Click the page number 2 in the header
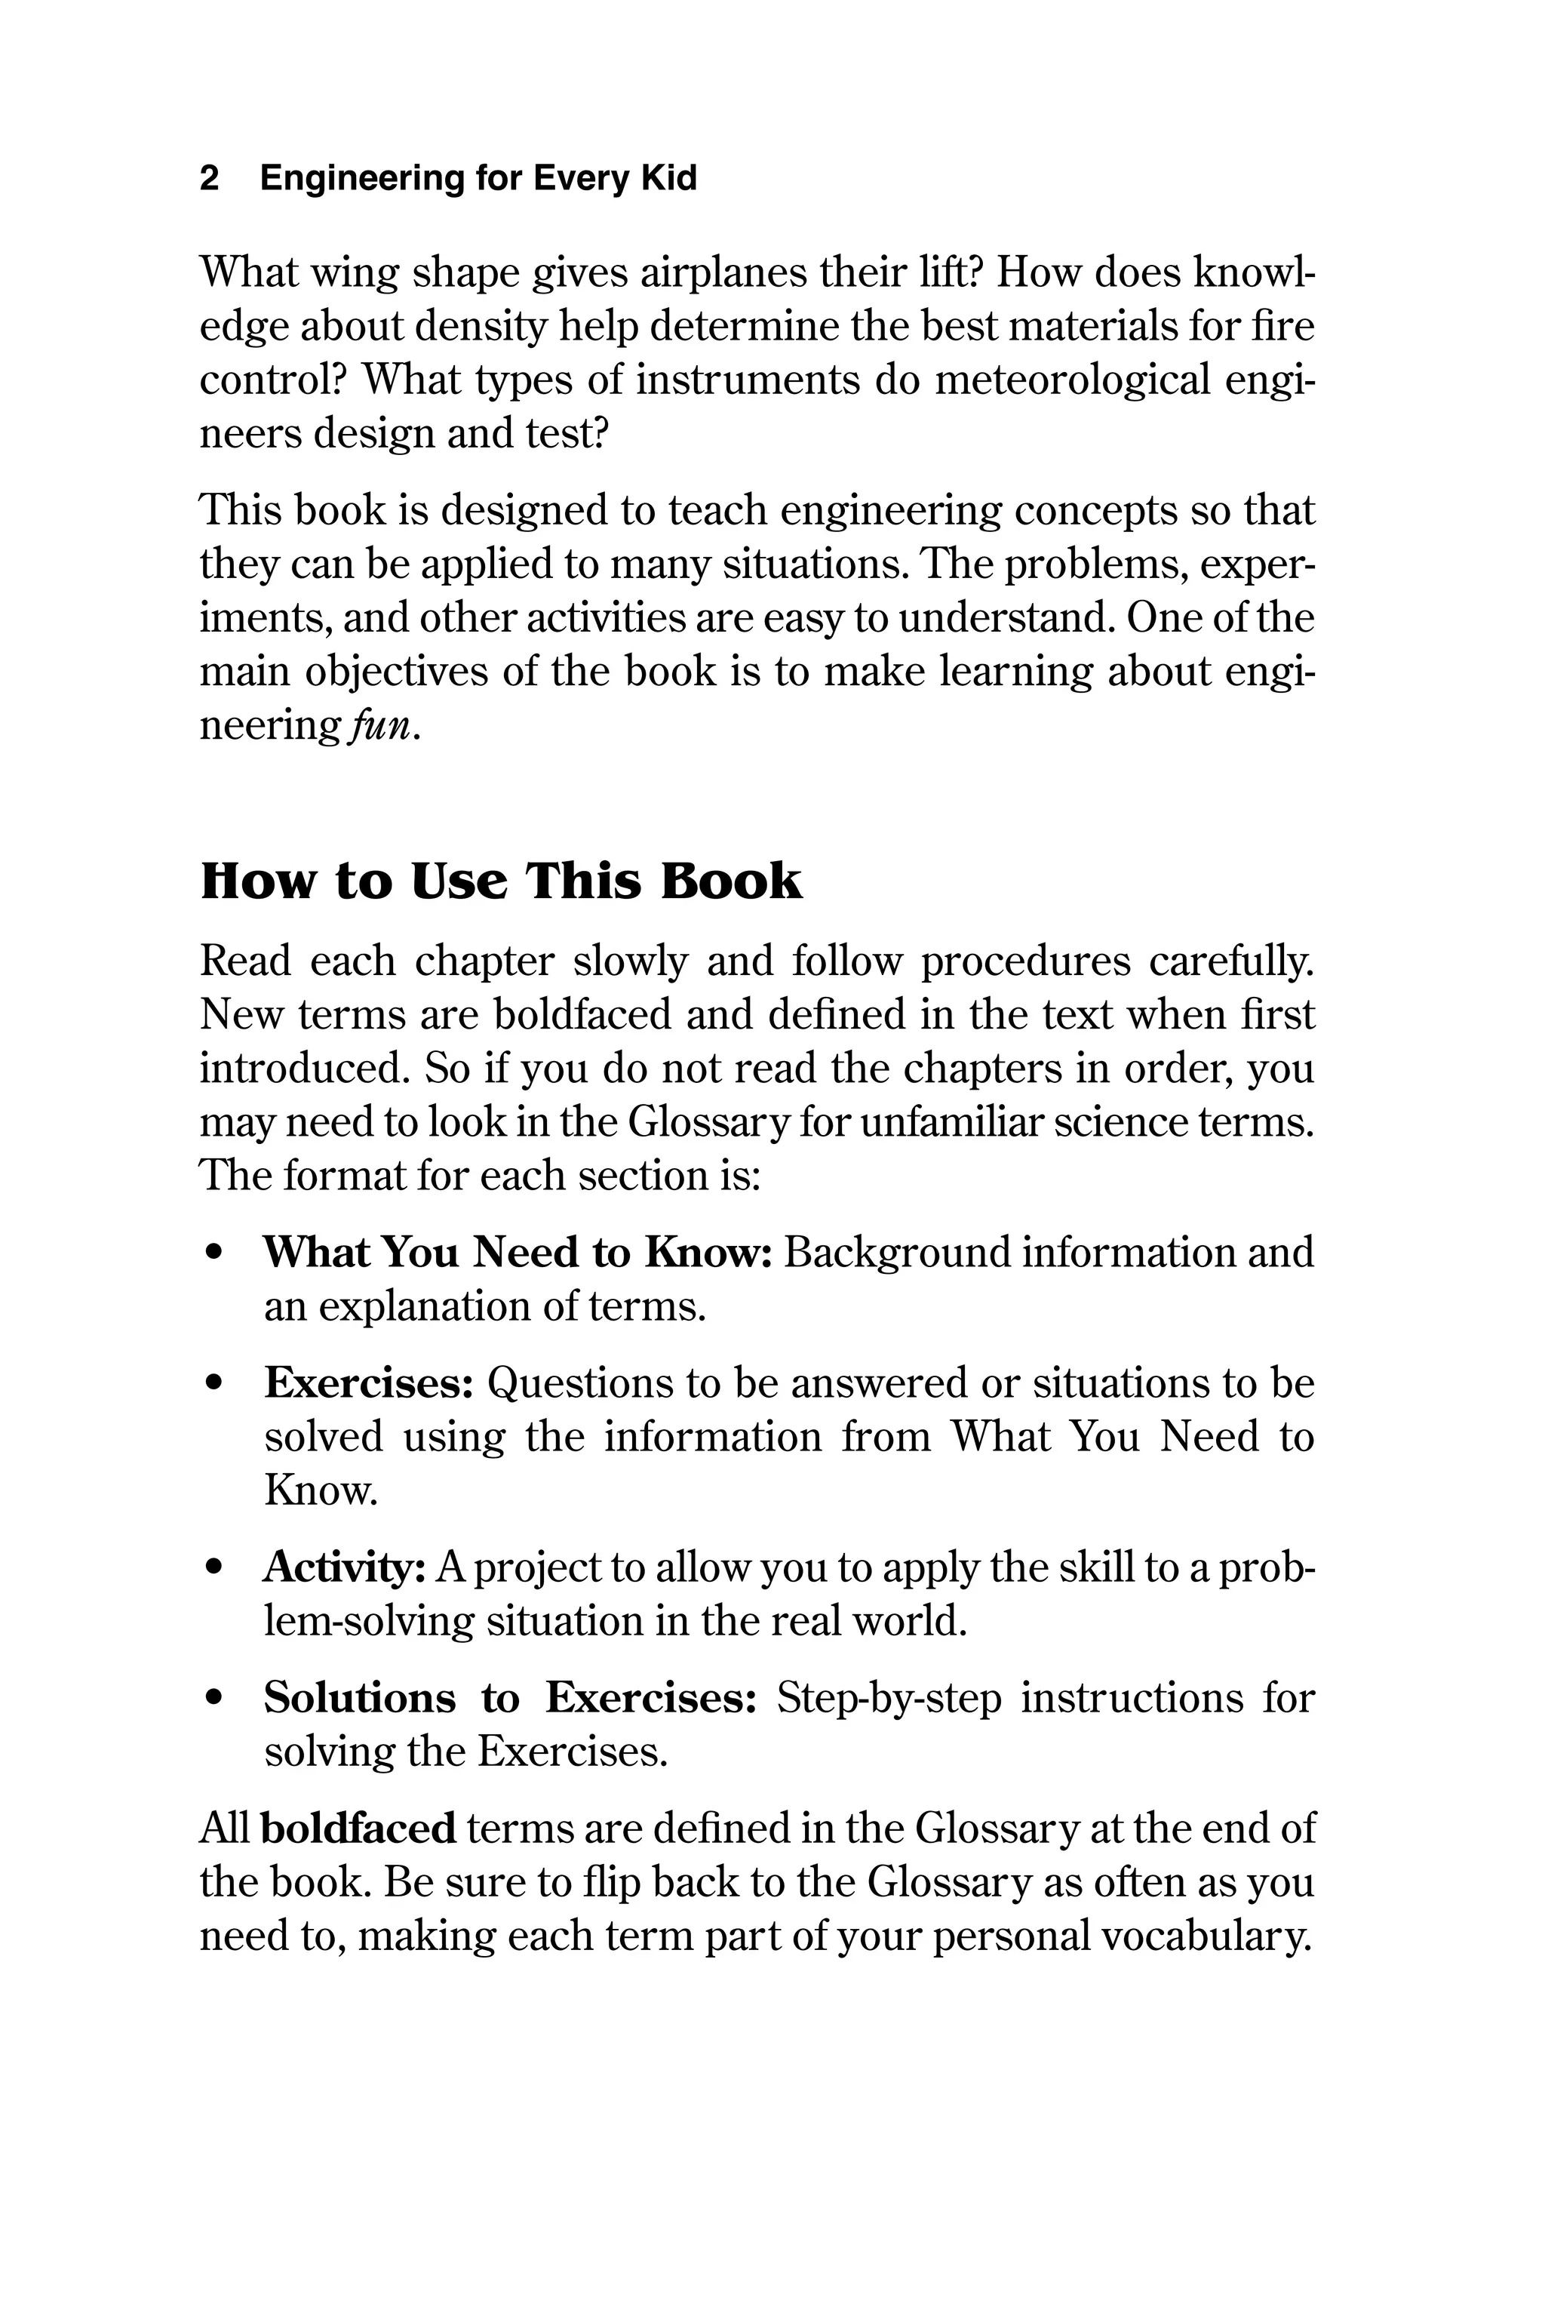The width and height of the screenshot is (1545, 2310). tap(209, 178)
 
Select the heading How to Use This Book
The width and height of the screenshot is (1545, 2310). tap(501, 880)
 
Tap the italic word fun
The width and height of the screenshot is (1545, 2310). tap(380, 726)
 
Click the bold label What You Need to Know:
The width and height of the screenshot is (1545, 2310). tap(516, 1253)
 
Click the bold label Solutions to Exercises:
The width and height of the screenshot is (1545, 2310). tap(509, 1698)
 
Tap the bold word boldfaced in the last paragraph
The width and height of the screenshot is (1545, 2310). tap(358, 1829)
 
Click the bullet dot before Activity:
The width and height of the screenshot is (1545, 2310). tap(213, 1568)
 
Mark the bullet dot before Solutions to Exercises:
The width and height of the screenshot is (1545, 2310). tap(213, 1699)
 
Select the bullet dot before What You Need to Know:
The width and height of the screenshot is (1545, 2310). tap(213, 1253)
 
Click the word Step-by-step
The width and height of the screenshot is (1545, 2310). tap(889, 1699)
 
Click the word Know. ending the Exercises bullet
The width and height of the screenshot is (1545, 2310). tap(320, 1490)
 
